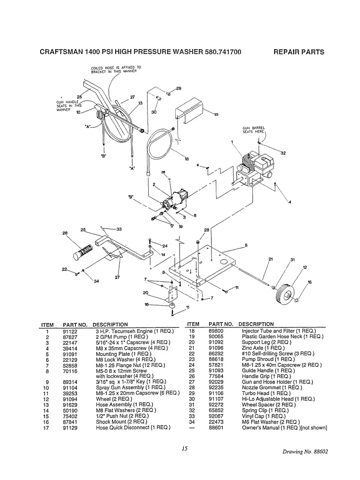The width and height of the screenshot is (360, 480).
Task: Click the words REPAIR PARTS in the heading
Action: tap(299, 52)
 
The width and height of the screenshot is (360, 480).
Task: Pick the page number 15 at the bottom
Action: tap(184, 449)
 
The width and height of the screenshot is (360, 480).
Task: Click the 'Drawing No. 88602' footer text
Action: tap(305, 452)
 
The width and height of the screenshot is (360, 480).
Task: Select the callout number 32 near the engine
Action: tap(283, 153)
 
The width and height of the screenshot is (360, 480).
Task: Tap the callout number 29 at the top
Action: tap(178, 88)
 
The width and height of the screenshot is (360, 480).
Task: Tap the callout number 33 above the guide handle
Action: tap(119, 229)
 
